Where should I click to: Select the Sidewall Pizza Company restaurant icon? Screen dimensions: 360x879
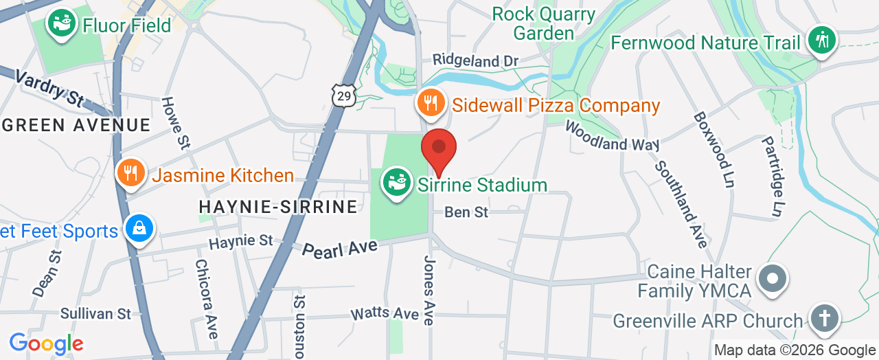(x=431, y=104)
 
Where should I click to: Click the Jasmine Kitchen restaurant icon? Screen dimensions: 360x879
(x=129, y=172)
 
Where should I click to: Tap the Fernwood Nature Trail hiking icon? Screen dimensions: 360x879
(x=821, y=39)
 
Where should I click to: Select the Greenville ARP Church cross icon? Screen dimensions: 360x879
(x=824, y=319)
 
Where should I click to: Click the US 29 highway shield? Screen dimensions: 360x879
(x=343, y=95)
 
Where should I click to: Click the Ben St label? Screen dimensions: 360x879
(x=466, y=212)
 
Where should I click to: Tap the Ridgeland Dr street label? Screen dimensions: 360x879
(x=475, y=61)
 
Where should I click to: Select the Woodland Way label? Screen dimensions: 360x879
(x=612, y=136)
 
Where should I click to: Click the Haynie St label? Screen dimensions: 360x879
(x=240, y=241)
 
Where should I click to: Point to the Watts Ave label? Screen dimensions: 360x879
(x=385, y=313)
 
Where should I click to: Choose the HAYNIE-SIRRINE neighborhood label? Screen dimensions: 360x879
(x=277, y=206)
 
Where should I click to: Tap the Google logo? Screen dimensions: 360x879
(x=46, y=344)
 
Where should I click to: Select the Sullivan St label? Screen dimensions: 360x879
(x=95, y=313)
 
